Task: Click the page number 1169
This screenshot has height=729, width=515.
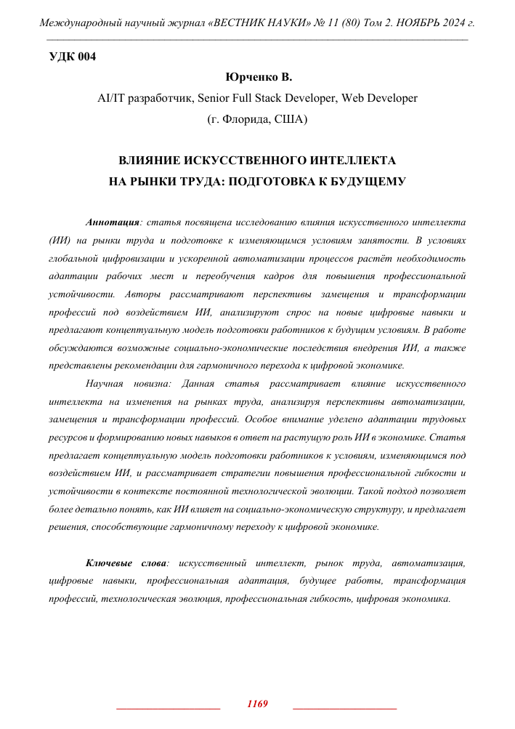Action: [x=258, y=704]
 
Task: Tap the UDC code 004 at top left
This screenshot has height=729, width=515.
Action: [x=72, y=57]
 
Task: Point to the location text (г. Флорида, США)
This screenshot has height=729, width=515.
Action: [x=257, y=118]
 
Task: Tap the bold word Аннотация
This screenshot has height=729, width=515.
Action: [x=111, y=220]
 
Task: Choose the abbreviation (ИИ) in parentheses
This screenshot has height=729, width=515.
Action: [x=59, y=239]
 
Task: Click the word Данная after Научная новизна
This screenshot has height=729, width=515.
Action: [x=201, y=382]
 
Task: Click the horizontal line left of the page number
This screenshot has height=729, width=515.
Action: [x=168, y=707]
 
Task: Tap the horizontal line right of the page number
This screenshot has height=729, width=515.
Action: [x=344, y=707]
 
